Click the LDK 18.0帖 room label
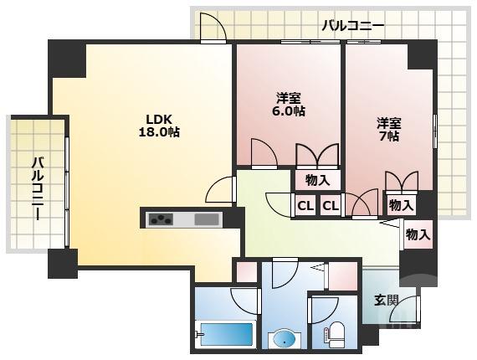tap(158, 125)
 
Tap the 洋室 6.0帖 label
tap(290, 103)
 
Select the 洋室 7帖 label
tap(387, 129)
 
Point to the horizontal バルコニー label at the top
tap(353, 26)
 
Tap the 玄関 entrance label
tap(386, 299)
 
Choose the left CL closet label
tap(304, 204)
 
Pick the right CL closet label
tap(331, 204)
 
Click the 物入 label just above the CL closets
tap(317, 179)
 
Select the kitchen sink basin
tap(206, 220)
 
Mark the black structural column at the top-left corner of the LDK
tap(67, 58)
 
